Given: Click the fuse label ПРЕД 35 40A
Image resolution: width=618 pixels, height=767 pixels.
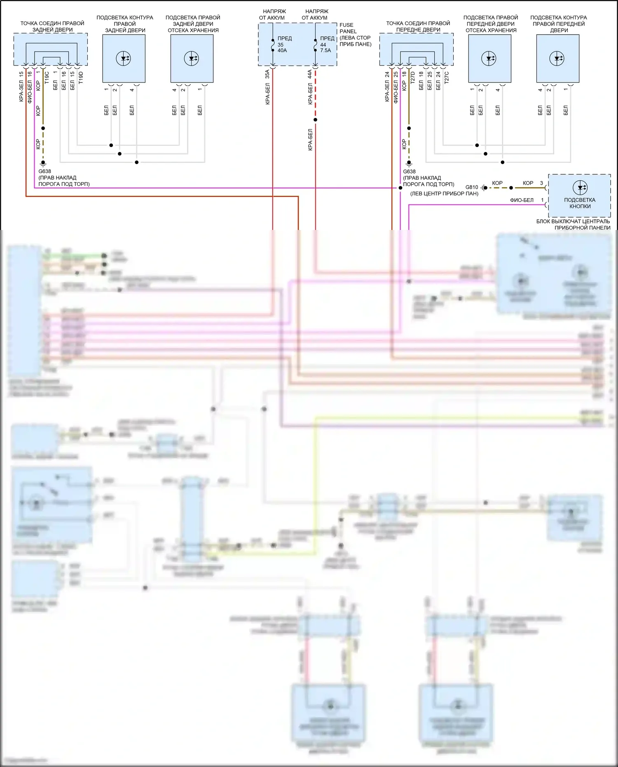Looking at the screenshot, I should [284, 45].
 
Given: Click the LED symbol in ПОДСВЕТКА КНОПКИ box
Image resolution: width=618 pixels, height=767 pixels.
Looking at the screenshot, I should [580, 188].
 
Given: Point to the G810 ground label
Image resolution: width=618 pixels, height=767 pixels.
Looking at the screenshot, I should [472, 187].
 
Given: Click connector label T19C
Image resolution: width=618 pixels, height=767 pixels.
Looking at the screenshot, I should [47, 77].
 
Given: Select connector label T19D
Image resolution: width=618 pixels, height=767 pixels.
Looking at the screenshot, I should [81, 77].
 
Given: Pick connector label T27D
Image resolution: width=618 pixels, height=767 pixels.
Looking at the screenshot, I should [412, 77].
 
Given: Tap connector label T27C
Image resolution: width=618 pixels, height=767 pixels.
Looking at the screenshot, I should [447, 77].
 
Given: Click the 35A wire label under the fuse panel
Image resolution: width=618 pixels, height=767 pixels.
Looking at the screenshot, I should [267, 74].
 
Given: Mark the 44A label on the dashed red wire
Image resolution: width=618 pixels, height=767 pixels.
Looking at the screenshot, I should [310, 74].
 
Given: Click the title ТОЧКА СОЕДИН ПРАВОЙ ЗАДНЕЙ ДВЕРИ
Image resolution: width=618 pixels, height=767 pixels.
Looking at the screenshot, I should [52, 26].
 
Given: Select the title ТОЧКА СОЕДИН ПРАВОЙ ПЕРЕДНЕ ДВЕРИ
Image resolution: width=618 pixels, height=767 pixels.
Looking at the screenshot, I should [418, 26].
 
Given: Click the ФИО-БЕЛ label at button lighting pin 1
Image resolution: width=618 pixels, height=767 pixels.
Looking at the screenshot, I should [522, 200].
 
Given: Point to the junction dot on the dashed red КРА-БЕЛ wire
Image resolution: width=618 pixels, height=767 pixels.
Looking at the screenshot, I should [316, 120].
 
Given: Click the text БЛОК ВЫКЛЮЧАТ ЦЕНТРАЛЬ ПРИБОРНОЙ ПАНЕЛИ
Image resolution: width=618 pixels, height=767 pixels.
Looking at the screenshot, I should [573, 224].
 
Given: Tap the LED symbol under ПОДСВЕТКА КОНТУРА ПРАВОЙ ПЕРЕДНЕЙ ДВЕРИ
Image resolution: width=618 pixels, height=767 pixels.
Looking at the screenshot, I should [557, 59].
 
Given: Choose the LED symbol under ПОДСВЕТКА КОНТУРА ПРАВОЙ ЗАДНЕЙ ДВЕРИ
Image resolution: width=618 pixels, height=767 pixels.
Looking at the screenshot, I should [124, 59].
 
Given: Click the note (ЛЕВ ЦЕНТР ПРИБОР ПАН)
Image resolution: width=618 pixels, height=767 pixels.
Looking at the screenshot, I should [444, 193].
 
